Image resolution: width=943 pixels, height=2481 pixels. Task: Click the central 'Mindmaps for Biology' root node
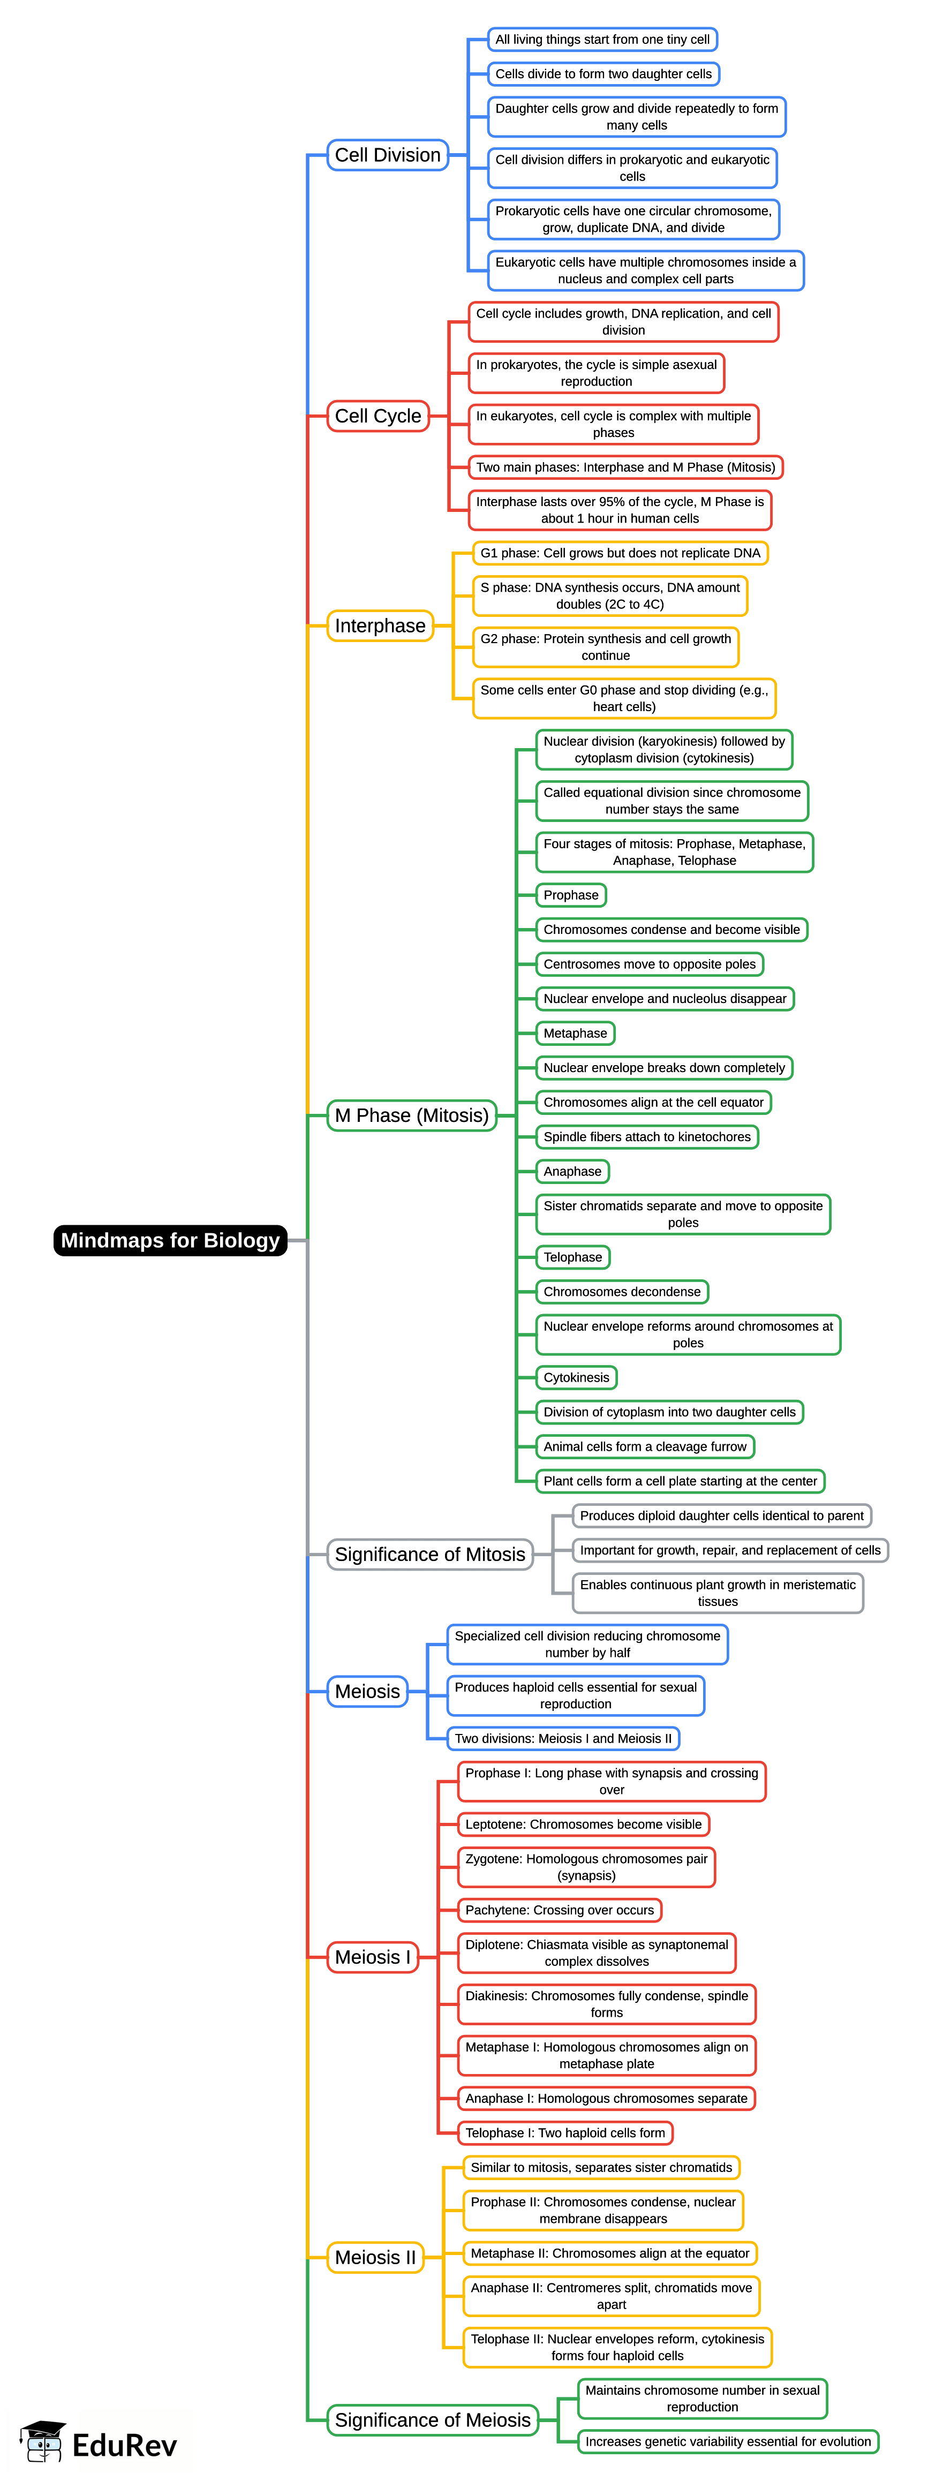[170, 1240]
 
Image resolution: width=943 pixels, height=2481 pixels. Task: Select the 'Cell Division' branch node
[387, 155]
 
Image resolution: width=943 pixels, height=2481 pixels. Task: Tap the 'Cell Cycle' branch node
[378, 416]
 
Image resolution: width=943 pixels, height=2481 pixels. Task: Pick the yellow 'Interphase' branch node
[380, 626]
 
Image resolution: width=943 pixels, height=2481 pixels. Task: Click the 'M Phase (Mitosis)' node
[411, 1115]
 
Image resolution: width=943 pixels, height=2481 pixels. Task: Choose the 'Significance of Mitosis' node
[429, 1555]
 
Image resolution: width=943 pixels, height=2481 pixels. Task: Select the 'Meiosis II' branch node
[375, 2258]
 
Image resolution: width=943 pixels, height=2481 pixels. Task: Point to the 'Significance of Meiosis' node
[433, 2420]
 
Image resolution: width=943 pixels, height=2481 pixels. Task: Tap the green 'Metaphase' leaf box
[575, 1034]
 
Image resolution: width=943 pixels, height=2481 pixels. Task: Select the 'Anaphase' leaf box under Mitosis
[572, 1171]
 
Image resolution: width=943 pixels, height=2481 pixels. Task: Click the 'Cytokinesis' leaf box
[576, 1377]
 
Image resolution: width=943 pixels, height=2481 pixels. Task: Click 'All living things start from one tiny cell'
[602, 40]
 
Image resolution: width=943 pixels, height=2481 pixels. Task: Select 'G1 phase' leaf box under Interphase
[620, 553]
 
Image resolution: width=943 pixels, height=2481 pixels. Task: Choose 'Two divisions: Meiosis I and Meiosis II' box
[562, 1738]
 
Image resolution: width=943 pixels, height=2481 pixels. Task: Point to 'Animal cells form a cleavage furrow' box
[644, 1446]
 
